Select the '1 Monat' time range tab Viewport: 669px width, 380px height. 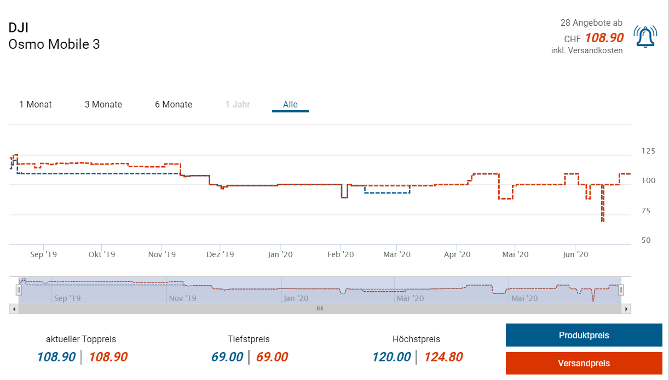[36, 104]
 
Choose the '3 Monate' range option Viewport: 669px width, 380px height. [103, 104]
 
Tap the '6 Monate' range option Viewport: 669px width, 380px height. [174, 104]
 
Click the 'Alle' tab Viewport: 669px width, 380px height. [290, 104]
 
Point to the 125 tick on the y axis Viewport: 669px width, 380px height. [648, 151]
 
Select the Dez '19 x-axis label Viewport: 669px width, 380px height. [220, 254]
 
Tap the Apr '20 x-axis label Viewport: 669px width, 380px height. [457, 254]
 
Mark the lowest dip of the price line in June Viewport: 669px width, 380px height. [603, 220]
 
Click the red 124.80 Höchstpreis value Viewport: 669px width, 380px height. [443, 357]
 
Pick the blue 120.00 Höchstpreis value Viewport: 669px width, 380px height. [391, 357]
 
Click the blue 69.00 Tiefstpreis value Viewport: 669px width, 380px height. [227, 357]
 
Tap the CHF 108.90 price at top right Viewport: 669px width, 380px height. [604, 37]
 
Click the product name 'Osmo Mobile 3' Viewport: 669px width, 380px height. [54, 44]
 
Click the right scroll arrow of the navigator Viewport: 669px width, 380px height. [627, 309]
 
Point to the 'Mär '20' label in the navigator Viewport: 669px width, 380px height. [410, 298]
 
